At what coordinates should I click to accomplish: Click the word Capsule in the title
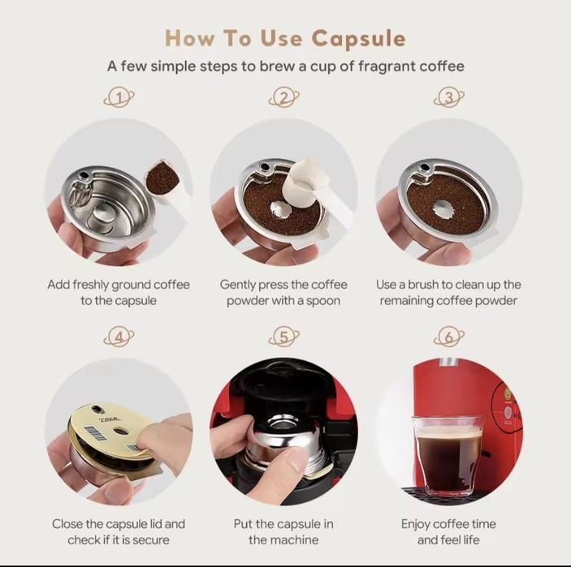point(358,39)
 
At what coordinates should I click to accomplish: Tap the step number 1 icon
point(119,97)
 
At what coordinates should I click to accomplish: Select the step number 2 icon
point(283,97)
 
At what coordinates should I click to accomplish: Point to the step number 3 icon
point(449,97)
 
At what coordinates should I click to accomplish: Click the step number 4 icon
point(119,337)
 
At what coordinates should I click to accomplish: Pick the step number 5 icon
point(283,337)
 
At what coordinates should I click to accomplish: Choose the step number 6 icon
point(449,337)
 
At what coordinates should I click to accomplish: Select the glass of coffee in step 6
point(448,456)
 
